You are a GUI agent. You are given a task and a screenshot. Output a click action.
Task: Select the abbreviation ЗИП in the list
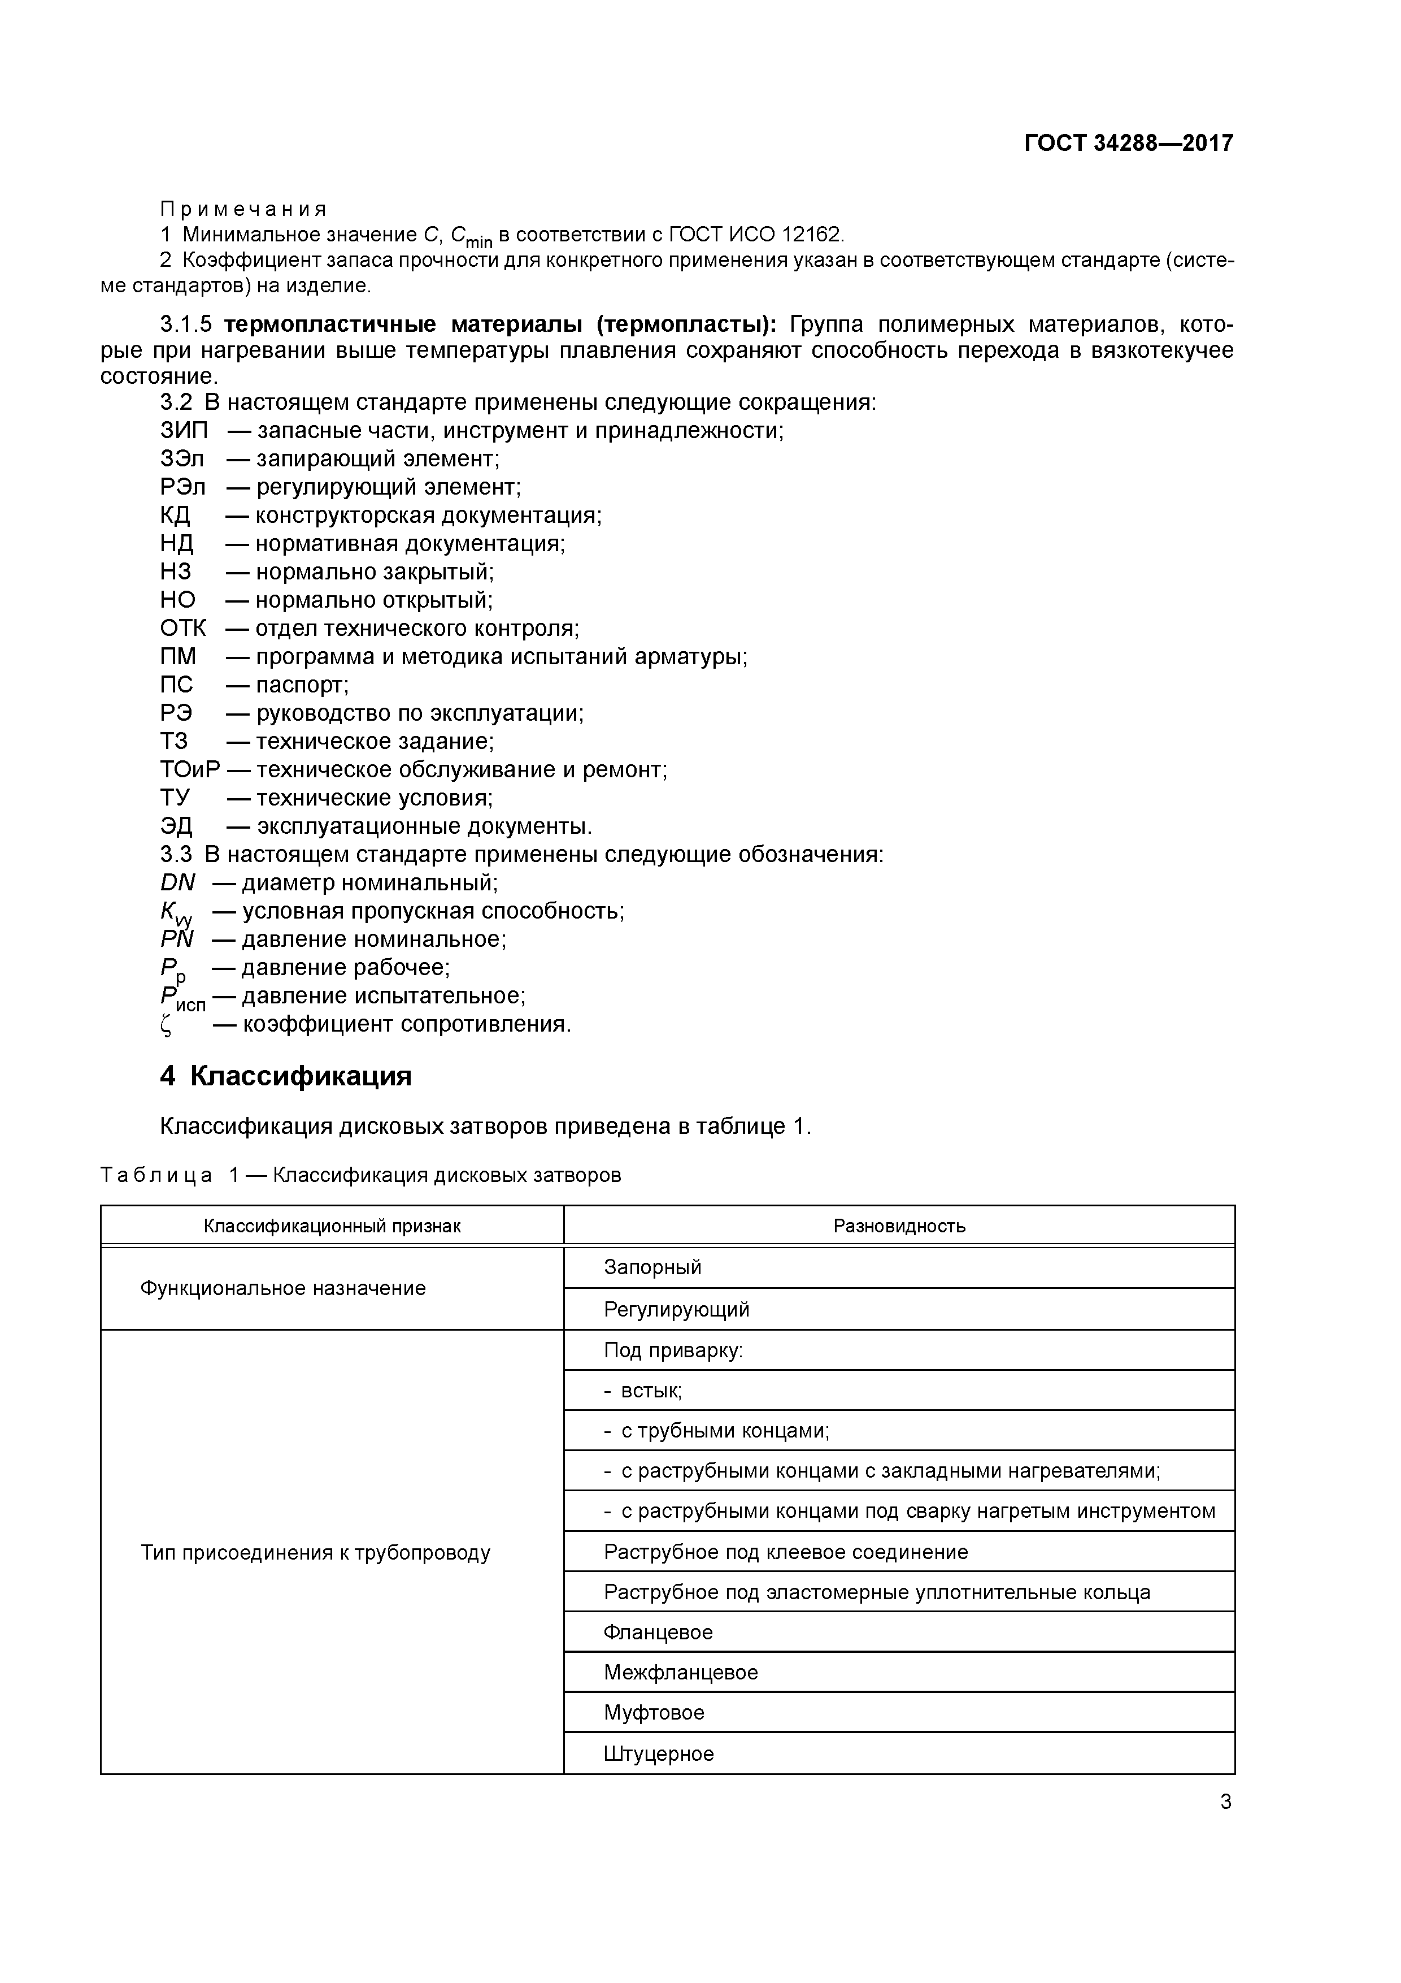point(184,430)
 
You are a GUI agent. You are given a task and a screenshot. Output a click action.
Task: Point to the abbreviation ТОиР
point(190,769)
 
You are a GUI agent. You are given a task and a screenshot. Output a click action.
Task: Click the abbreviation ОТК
point(183,628)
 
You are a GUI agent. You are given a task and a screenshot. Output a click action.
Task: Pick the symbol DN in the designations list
point(178,882)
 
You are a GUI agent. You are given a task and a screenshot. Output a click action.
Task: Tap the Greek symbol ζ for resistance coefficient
point(167,1025)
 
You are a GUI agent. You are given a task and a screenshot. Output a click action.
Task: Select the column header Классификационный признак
point(332,1226)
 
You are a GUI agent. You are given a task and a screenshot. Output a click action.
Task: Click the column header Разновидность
point(899,1226)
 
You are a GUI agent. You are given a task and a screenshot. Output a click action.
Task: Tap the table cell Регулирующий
point(676,1309)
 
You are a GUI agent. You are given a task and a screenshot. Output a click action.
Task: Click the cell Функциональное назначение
point(283,1289)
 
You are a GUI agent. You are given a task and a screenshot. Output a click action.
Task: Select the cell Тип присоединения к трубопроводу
point(315,1553)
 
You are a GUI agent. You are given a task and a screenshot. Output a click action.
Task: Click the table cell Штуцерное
point(659,1754)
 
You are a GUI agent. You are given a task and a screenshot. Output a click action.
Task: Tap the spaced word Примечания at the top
point(243,209)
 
